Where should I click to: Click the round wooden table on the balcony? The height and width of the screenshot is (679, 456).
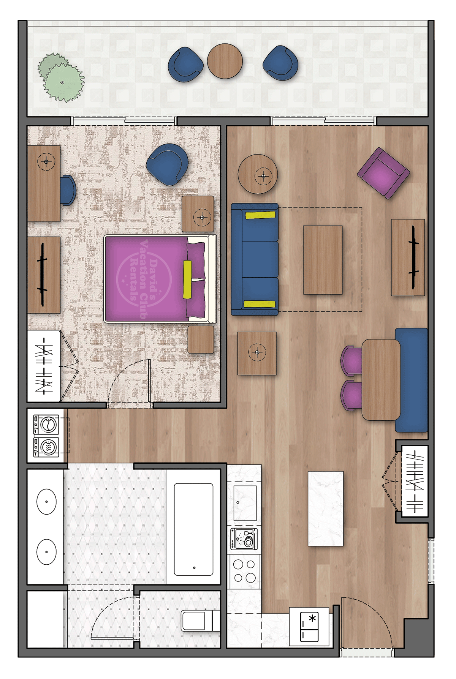pos(225,61)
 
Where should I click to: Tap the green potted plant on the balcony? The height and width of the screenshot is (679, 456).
pos(62,78)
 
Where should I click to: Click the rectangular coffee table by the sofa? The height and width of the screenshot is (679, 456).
pos(323,260)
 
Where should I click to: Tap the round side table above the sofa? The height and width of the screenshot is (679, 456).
pos(258,174)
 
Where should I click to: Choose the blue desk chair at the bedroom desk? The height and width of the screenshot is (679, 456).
pos(68,190)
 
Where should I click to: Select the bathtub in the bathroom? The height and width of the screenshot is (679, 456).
pos(193,529)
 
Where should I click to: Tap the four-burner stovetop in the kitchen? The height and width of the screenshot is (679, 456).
pos(244,571)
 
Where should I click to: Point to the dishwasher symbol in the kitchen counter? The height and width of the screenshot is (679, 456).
pos(244,538)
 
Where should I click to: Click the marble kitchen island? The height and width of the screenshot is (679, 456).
pos(326,508)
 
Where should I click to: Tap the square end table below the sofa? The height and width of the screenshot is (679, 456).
pos(257,353)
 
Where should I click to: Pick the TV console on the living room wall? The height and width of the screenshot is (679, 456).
pos(408,257)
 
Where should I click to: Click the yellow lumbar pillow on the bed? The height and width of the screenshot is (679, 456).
pos(187,279)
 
